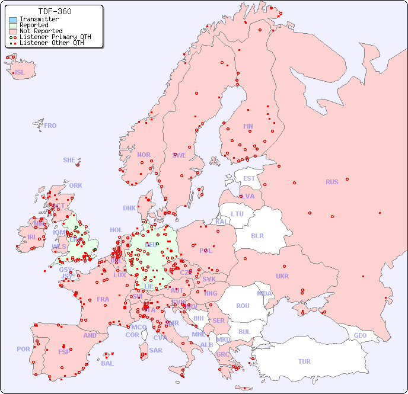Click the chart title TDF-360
click(x=55, y=11)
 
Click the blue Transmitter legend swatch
click(x=13, y=20)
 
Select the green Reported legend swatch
click(x=13, y=25)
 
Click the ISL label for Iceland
click(x=20, y=73)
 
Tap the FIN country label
click(x=248, y=126)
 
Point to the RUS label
click(x=332, y=182)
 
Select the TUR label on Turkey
click(x=304, y=361)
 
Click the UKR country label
click(x=282, y=276)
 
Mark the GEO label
click(x=360, y=335)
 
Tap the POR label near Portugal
click(x=23, y=349)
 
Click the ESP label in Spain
click(x=64, y=352)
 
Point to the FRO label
click(x=50, y=126)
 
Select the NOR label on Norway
click(x=144, y=155)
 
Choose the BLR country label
click(x=257, y=235)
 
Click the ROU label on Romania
click(x=243, y=306)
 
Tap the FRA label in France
click(x=103, y=299)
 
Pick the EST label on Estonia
click(x=249, y=178)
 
